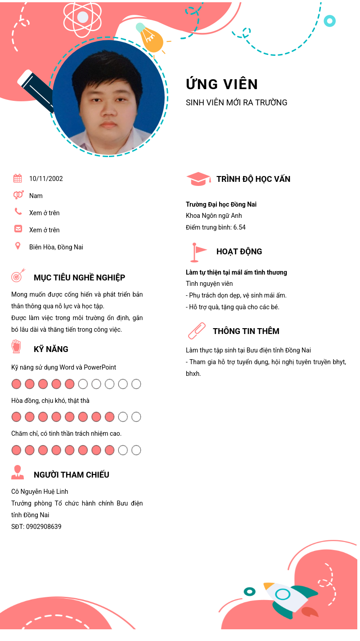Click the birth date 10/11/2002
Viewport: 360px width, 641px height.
pyautogui.click(x=46, y=179)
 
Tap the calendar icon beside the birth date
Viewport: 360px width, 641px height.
pyautogui.click(x=18, y=178)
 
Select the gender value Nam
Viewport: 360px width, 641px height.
pyautogui.click(x=36, y=196)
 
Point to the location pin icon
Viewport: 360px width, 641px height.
pyautogui.click(x=18, y=246)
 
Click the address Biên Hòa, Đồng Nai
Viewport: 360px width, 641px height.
pyautogui.click(x=56, y=247)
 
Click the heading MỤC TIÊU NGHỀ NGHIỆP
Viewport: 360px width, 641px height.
pyautogui.click(x=79, y=278)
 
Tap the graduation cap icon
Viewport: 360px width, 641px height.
pyautogui.click(x=198, y=179)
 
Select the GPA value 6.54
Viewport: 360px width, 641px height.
pyautogui.click(x=239, y=227)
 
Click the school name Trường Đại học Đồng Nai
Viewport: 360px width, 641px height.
pyautogui.click(x=221, y=204)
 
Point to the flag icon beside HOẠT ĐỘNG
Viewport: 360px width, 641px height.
pyautogui.click(x=198, y=252)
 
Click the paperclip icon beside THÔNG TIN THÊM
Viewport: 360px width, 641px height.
pyautogui.click(x=197, y=331)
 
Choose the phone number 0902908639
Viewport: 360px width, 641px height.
pyautogui.click(x=44, y=527)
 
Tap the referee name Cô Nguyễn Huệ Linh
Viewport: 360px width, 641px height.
pyautogui.click(x=40, y=492)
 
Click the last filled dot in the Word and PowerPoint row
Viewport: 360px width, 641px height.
pyautogui.click(x=69, y=384)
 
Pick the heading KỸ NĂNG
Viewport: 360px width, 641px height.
pyautogui.click(x=51, y=349)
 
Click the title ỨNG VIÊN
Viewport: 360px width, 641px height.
pyautogui.click(x=222, y=84)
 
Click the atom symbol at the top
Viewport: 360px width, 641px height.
pyautogui.click(x=83, y=18)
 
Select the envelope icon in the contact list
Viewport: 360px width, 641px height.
pyautogui.click(x=18, y=229)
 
